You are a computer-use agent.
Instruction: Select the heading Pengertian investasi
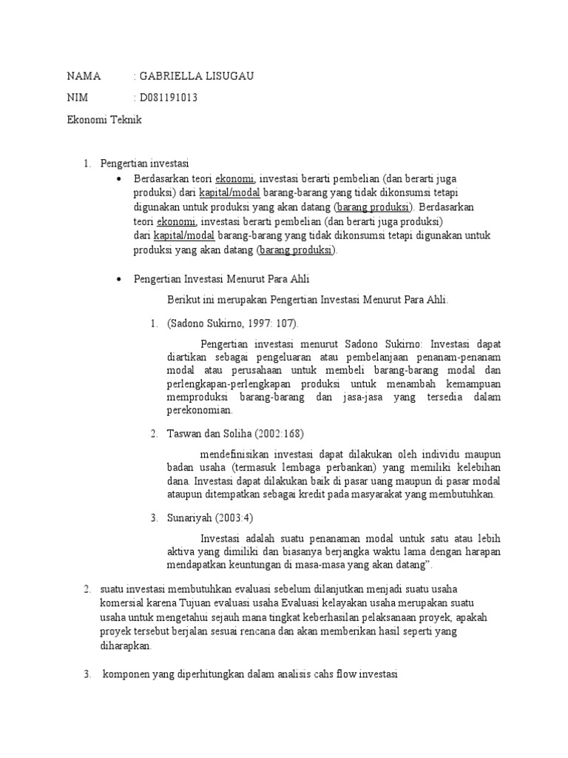(x=145, y=163)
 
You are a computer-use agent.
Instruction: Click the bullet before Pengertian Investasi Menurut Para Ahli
(x=120, y=279)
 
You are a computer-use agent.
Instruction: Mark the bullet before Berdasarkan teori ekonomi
(x=120, y=179)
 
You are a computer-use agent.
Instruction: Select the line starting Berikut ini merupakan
(x=308, y=300)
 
